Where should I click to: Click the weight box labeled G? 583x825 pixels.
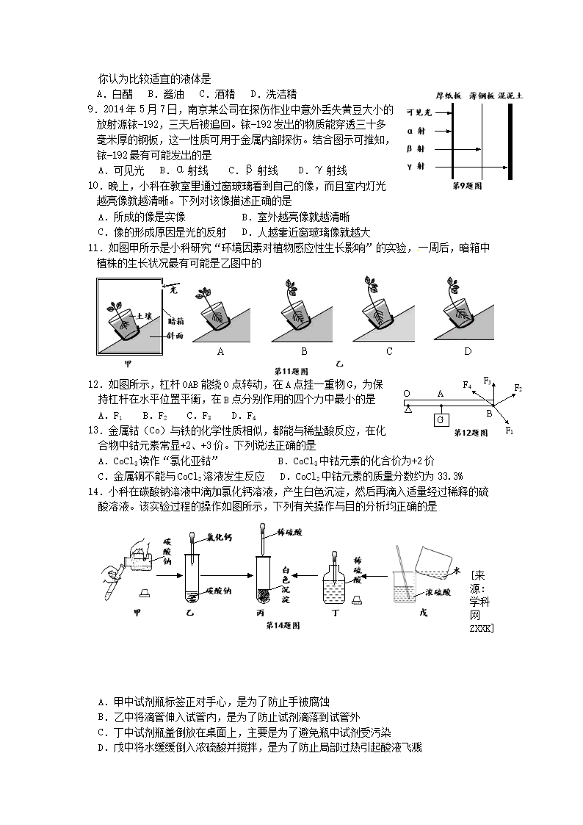click(x=441, y=420)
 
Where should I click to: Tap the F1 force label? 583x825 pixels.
click(x=510, y=430)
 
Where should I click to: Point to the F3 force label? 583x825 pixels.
click(x=488, y=379)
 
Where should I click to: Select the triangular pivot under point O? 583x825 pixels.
click(x=407, y=409)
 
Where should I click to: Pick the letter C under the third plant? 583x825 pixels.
click(x=389, y=352)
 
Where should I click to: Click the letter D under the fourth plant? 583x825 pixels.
click(x=468, y=352)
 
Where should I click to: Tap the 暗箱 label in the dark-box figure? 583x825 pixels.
click(x=175, y=320)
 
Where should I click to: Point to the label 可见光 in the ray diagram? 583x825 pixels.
click(x=418, y=112)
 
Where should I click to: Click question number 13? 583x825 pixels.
click(x=93, y=430)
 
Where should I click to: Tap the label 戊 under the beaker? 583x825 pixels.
click(x=422, y=611)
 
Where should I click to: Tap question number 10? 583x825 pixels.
click(x=93, y=187)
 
